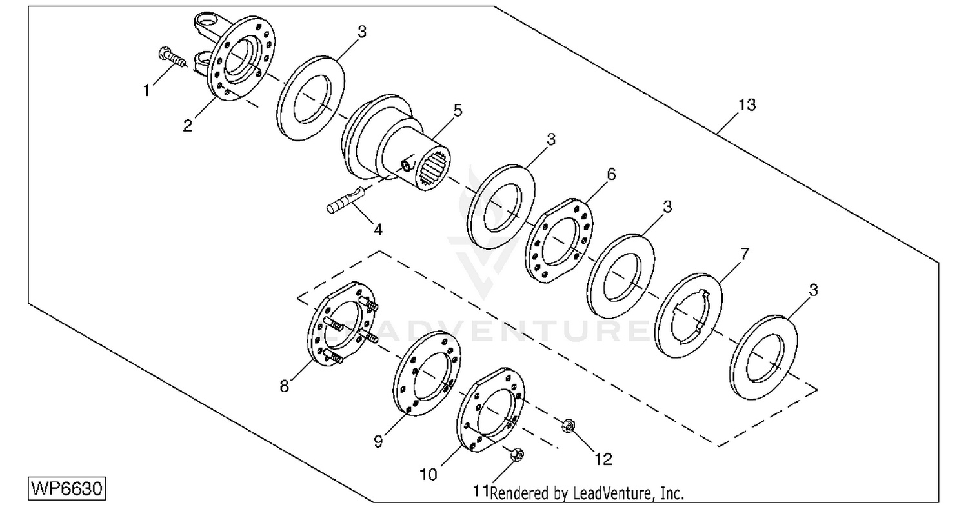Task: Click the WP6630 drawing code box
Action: pos(67,488)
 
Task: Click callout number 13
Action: pos(747,105)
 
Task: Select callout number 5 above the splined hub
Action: pos(458,110)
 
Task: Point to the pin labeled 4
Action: pos(345,200)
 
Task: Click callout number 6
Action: pos(611,174)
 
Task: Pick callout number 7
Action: pos(744,255)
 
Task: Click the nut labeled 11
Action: pos(518,454)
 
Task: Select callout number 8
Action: pos(284,386)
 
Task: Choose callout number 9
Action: pos(378,441)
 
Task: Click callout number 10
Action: pos(429,475)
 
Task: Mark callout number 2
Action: pos(187,126)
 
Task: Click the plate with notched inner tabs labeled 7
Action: pos(688,315)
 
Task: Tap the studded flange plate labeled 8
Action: pos(341,324)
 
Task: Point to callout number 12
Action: pos(603,459)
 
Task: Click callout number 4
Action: pos(378,230)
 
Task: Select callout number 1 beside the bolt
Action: pos(146,91)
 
